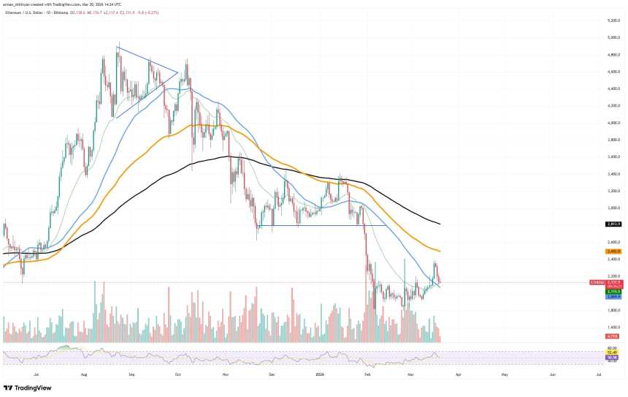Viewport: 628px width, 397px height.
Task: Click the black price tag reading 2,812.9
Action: point(613,224)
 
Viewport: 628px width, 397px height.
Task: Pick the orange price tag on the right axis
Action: point(613,251)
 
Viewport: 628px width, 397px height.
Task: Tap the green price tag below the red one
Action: point(613,292)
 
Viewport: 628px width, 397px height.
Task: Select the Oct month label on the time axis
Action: point(177,373)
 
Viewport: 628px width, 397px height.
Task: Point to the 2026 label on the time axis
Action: point(320,373)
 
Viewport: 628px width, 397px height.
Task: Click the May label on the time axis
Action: point(505,373)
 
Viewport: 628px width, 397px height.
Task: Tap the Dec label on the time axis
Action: point(272,373)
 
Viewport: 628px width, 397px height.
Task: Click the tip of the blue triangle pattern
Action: point(177,72)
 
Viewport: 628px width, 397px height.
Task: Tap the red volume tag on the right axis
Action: point(613,336)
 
